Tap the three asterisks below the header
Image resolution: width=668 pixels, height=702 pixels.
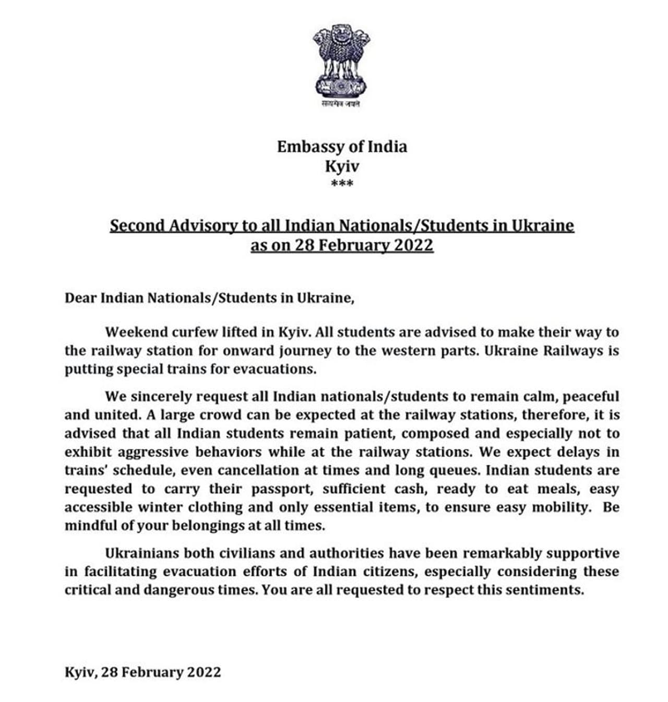click(342, 183)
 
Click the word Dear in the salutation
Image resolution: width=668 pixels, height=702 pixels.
click(80, 298)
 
